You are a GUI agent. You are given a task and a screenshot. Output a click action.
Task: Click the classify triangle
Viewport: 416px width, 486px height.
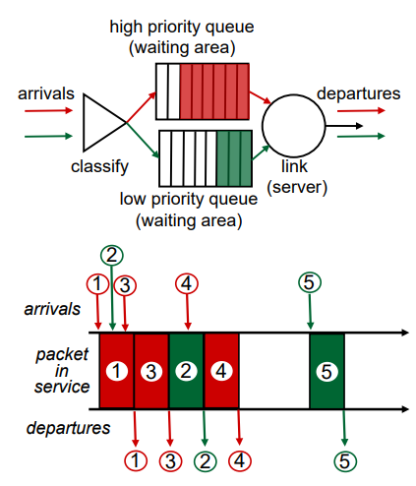(x=98, y=123)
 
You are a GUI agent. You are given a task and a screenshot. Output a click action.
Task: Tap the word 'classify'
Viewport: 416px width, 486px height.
(x=99, y=166)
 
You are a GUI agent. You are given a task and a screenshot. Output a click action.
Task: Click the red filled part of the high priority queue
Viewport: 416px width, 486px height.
(x=214, y=91)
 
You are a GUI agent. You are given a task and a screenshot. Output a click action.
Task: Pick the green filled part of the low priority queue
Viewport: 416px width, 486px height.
(x=234, y=158)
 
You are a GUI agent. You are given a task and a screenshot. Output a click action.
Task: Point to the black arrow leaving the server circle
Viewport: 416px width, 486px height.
(x=344, y=126)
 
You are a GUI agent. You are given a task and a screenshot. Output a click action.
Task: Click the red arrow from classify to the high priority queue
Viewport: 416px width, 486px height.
(x=141, y=107)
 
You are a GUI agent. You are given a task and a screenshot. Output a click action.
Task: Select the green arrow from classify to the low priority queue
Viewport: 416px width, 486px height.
(x=143, y=140)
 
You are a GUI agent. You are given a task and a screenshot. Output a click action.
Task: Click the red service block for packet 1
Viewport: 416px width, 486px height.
(x=117, y=371)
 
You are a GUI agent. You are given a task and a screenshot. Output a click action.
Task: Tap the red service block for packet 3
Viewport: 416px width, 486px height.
(x=151, y=371)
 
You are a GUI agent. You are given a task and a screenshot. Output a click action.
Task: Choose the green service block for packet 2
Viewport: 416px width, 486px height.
(x=186, y=371)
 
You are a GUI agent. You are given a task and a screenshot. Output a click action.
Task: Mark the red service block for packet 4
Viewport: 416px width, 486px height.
(x=221, y=371)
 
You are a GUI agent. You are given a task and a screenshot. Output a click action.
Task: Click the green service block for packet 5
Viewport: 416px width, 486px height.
(x=327, y=371)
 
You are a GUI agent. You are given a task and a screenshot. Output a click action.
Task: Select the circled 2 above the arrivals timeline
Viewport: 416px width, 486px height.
(x=112, y=256)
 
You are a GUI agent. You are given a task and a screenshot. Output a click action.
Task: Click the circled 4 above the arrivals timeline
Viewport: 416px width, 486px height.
(x=187, y=283)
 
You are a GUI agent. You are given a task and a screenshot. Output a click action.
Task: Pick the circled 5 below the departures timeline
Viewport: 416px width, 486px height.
(x=345, y=461)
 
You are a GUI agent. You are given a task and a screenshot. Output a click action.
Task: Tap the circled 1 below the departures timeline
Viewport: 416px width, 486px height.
(x=136, y=460)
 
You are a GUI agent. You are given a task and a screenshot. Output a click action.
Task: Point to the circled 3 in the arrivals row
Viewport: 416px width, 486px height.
(x=125, y=285)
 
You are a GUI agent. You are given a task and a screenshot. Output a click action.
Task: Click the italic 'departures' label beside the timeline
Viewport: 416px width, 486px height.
(x=68, y=428)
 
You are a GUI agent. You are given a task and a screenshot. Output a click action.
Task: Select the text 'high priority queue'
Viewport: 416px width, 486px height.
(x=182, y=27)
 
